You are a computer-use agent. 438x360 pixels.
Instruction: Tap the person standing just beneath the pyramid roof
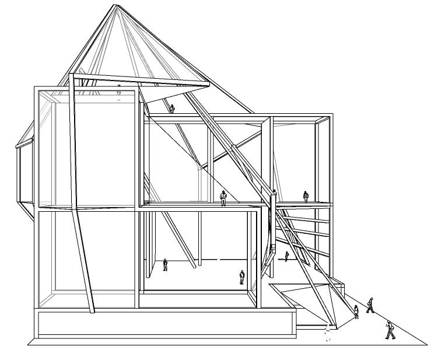171,109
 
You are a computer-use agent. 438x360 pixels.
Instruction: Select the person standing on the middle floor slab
223,198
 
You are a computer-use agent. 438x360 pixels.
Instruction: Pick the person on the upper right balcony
305,196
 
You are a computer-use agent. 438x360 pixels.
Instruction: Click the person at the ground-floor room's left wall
165,265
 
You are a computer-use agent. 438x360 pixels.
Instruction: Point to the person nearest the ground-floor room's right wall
242,277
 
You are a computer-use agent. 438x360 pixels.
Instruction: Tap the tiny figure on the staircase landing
286,256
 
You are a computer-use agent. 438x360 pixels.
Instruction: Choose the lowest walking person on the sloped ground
390,330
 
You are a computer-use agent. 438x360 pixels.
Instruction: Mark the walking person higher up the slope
370,305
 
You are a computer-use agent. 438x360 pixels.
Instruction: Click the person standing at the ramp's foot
356,312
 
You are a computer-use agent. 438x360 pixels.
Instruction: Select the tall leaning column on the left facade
80,193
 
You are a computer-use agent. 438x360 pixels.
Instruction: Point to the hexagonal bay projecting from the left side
23,175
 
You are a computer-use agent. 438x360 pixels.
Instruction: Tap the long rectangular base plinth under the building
163,324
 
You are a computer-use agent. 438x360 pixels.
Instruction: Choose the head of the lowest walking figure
388,323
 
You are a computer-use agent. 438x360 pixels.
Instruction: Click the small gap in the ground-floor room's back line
219,258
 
